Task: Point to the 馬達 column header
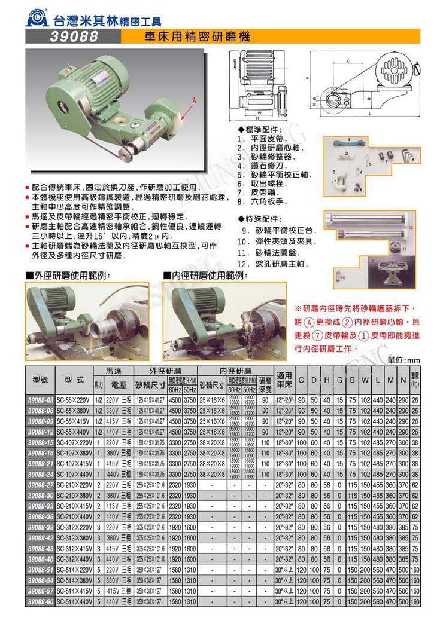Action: point(113,371)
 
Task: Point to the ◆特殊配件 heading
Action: point(259,218)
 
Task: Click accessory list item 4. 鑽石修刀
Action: point(268,165)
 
